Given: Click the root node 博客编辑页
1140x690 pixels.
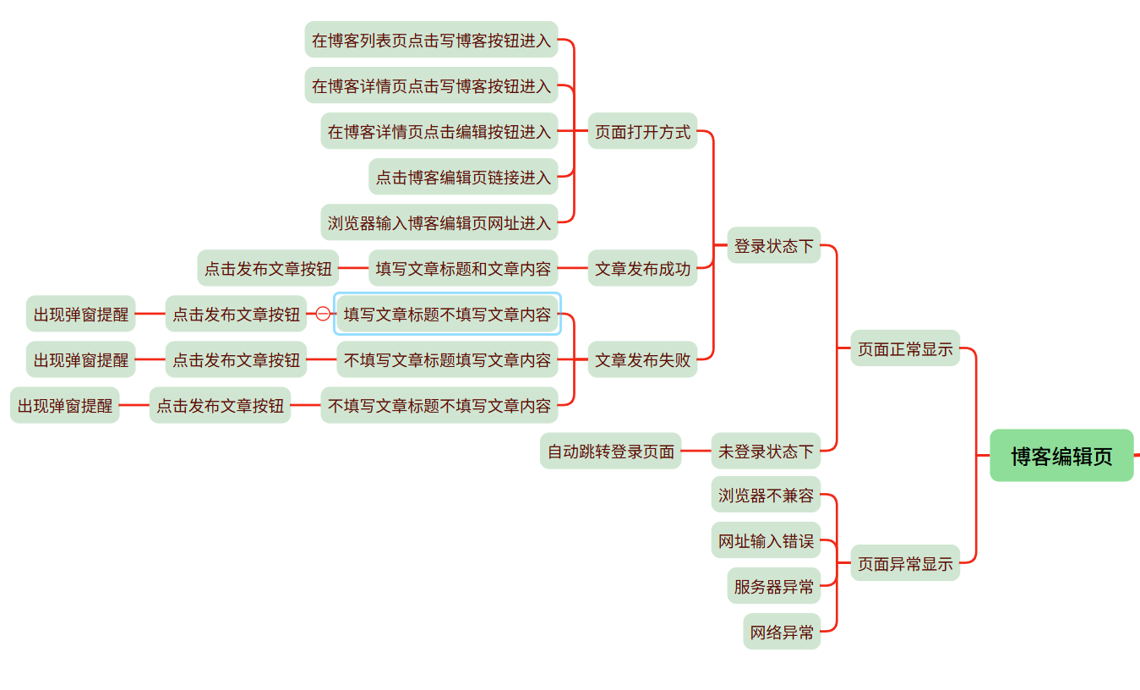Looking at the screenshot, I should coord(1061,456).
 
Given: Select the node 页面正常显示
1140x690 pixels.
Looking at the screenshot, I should coord(905,348).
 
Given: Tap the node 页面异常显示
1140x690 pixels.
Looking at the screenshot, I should coord(905,563).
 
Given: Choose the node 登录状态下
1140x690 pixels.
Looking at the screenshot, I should coord(773,245).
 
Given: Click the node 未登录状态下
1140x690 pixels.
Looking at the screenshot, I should coord(766,451).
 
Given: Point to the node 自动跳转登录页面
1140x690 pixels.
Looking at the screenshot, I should coord(610,451).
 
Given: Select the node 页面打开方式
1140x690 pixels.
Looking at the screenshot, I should coord(642,131).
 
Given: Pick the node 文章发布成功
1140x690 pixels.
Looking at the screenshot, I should coord(642,269).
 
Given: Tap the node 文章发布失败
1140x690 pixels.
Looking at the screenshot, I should coord(642,359).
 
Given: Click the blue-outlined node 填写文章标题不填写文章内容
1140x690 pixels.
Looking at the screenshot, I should coord(447,314).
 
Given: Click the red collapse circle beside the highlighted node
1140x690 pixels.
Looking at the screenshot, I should coord(323,314).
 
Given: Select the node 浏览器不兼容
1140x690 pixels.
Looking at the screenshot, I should coord(766,495).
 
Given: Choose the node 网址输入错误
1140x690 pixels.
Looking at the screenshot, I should coord(766,540).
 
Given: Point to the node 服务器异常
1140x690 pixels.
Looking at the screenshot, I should coord(773,586).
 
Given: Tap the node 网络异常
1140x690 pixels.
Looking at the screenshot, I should coord(782,632).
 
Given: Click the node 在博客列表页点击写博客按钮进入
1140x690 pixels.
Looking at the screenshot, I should coord(431,40).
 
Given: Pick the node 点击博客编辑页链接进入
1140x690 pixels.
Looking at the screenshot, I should coord(463,177).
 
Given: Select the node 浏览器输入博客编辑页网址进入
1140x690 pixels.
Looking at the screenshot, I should coord(439,222).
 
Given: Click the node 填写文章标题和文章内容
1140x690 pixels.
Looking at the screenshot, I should coord(463,269).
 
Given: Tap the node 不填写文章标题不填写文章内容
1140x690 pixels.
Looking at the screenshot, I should coord(439,405).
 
